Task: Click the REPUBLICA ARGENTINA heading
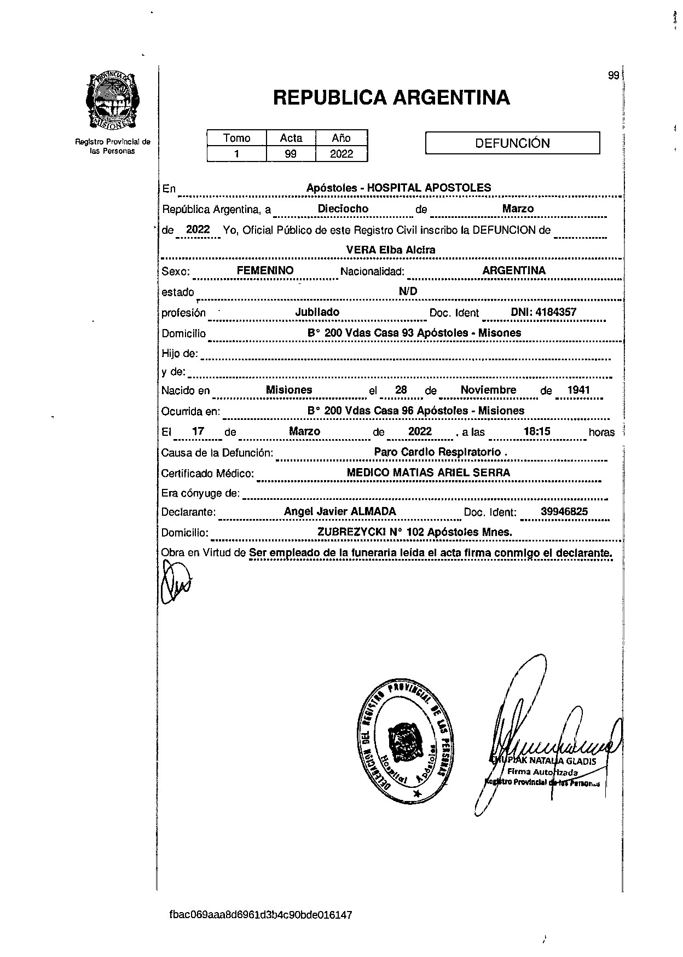pos(391,98)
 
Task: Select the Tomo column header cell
pos(236,138)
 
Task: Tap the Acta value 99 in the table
pos(291,154)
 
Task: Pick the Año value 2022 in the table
pos(342,154)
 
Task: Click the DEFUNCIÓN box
pos(512,143)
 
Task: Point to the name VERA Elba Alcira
pos(391,250)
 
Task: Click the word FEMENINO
pos(265,270)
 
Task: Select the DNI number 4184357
pos(556,312)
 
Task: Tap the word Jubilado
pos(317,312)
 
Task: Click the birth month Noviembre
pos(488,390)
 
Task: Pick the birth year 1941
pos(578,390)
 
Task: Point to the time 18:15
pos(537,431)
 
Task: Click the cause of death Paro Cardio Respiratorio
pos(438,452)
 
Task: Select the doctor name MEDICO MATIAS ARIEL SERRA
pos(429,472)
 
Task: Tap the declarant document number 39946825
pos(564,512)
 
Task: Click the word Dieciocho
pos(343,209)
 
